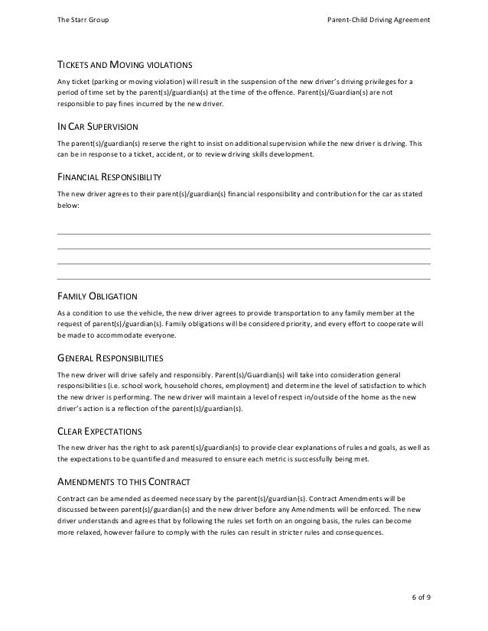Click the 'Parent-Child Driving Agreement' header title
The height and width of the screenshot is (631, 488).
click(x=378, y=18)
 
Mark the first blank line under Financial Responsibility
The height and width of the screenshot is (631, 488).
click(x=244, y=233)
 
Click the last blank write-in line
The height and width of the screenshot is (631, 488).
click(x=244, y=279)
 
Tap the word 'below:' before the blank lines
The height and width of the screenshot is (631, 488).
click(x=69, y=205)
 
